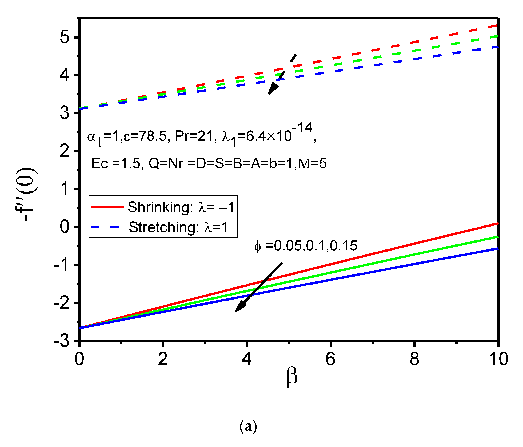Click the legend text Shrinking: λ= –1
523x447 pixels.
(x=181, y=207)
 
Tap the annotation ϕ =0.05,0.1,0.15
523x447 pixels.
(x=306, y=246)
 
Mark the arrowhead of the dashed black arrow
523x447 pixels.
(x=272, y=90)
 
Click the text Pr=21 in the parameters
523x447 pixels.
(x=196, y=137)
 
